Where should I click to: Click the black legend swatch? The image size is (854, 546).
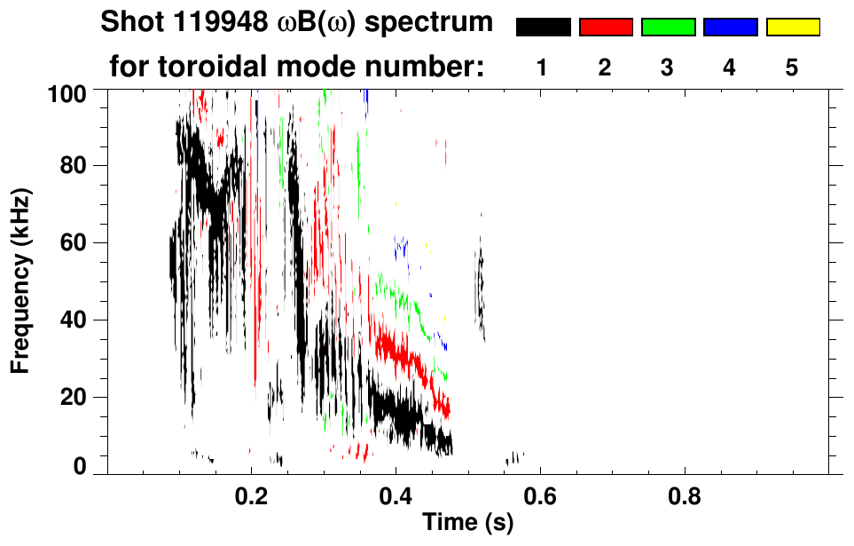tap(543, 28)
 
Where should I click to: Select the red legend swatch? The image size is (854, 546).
tap(606, 28)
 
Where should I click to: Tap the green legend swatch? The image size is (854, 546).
tap(668, 28)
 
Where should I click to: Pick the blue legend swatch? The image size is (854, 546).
tap(730, 28)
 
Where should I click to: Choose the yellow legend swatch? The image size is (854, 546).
tap(793, 28)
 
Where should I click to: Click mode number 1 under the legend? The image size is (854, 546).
tap(543, 68)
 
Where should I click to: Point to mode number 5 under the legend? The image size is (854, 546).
tap(792, 68)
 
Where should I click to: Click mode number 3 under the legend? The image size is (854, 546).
tap(667, 68)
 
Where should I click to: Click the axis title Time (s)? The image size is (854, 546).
tap(466, 524)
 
